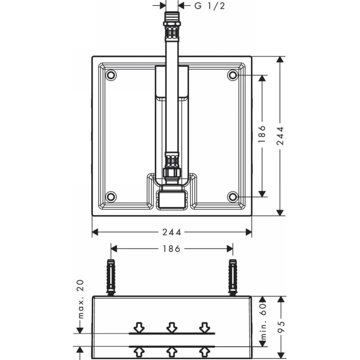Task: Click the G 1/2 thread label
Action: point(210,6)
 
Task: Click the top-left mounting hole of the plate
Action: point(111,75)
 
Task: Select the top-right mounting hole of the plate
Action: point(233,75)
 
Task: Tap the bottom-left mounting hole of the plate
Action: point(111,197)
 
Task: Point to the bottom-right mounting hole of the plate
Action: point(233,197)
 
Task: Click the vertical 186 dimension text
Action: point(262,134)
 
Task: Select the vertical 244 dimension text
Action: point(280,136)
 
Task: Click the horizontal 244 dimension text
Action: point(172,232)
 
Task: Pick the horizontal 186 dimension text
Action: point(172,249)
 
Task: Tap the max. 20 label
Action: point(81,299)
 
